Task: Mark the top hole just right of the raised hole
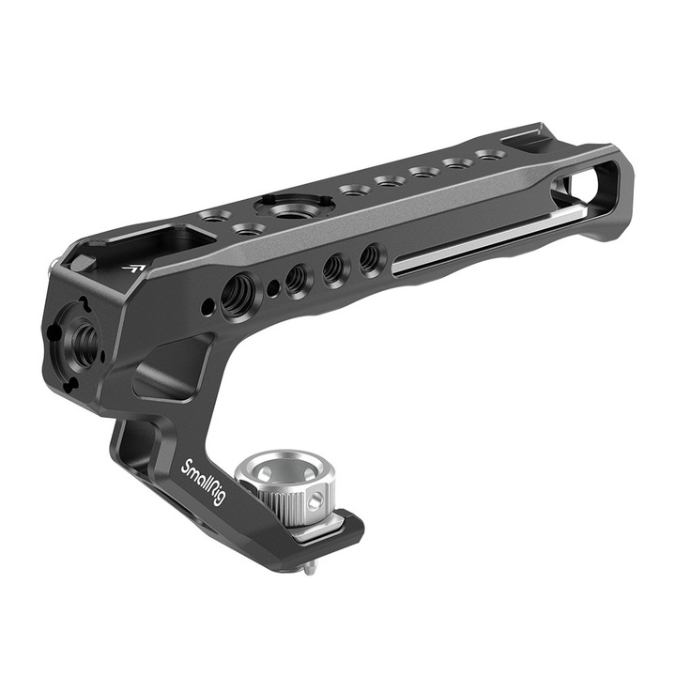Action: pyautogui.click(x=352, y=191)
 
